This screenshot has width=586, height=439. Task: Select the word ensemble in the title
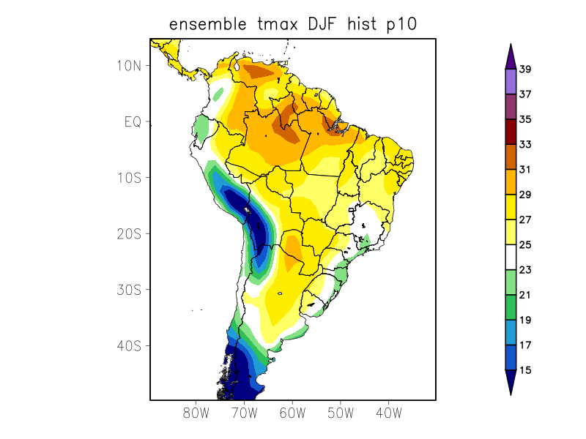(x=207, y=24)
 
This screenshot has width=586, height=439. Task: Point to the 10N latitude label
(x=128, y=65)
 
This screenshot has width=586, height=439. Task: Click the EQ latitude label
(x=133, y=121)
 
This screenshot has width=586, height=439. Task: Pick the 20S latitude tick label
(x=128, y=233)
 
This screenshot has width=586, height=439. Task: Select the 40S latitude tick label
(x=128, y=345)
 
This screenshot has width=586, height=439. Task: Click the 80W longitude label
(x=196, y=413)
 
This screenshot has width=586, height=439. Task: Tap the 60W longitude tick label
(x=292, y=413)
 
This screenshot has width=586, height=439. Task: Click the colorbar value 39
(x=525, y=70)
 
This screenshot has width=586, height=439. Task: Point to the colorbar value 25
(x=525, y=245)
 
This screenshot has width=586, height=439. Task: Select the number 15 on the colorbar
(x=525, y=370)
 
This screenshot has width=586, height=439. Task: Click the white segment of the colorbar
(x=511, y=258)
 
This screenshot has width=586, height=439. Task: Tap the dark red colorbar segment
(x=511, y=132)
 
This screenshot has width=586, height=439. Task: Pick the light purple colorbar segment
(x=511, y=82)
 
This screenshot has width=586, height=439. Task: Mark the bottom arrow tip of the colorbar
(x=511, y=394)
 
